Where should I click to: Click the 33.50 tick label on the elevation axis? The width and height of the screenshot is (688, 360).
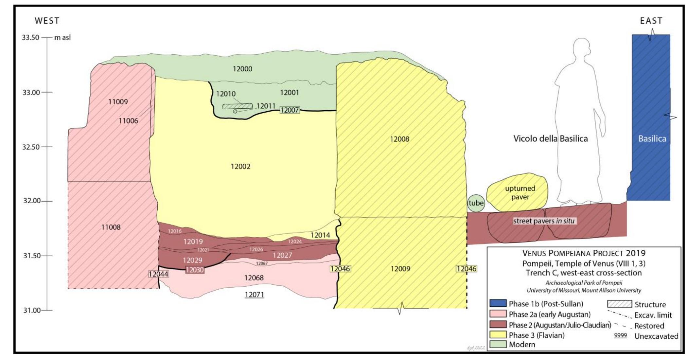click(x=30, y=37)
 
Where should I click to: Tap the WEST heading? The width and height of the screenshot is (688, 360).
click(x=47, y=21)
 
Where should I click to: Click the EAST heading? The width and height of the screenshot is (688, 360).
click(x=651, y=21)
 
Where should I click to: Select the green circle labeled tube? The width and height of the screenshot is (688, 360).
click(x=476, y=203)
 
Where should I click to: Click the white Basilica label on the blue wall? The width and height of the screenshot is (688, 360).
click(x=652, y=139)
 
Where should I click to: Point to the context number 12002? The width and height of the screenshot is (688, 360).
click(x=240, y=166)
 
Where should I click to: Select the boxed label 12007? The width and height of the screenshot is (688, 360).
click(x=290, y=110)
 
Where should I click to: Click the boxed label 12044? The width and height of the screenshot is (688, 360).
click(x=158, y=274)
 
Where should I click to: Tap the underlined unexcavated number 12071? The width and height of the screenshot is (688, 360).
click(x=254, y=295)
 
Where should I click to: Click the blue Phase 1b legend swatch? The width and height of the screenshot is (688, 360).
click(x=498, y=303)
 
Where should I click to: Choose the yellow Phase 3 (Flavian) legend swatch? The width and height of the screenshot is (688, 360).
click(x=498, y=335)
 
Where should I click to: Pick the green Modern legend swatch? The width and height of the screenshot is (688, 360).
click(x=498, y=344)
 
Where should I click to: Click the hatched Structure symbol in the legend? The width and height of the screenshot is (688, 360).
click(x=619, y=304)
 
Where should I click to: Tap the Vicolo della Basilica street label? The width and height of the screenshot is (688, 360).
click(x=550, y=139)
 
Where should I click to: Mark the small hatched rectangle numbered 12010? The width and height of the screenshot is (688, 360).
click(x=238, y=106)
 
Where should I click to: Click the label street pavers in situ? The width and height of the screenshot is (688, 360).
click(x=543, y=221)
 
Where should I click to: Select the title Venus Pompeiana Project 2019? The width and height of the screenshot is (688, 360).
click(x=584, y=253)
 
